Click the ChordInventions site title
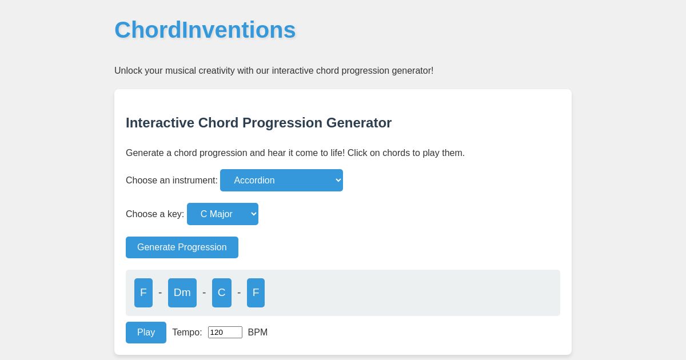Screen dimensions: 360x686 click(x=205, y=30)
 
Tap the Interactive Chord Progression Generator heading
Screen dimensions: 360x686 click(x=258, y=123)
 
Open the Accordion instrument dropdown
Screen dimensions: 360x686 click(x=274, y=181)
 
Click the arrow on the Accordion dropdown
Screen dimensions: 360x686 click(x=338, y=181)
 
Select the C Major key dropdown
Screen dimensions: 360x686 click(x=217, y=214)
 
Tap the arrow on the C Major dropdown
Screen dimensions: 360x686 click(x=253, y=214)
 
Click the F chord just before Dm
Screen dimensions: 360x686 click(x=143, y=293)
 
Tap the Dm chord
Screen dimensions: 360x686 click(x=182, y=293)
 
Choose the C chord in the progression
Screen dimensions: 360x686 click(x=222, y=293)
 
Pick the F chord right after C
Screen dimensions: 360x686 click(x=256, y=293)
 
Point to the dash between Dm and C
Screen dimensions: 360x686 click(x=204, y=293)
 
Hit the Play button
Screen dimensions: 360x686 click(x=146, y=333)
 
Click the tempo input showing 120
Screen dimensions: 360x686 click(x=225, y=333)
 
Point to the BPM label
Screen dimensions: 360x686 click(x=258, y=333)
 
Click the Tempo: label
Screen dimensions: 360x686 click(x=187, y=333)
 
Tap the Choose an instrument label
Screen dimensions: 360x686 click(x=171, y=181)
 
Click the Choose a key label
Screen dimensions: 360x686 click(x=155, y=214)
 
